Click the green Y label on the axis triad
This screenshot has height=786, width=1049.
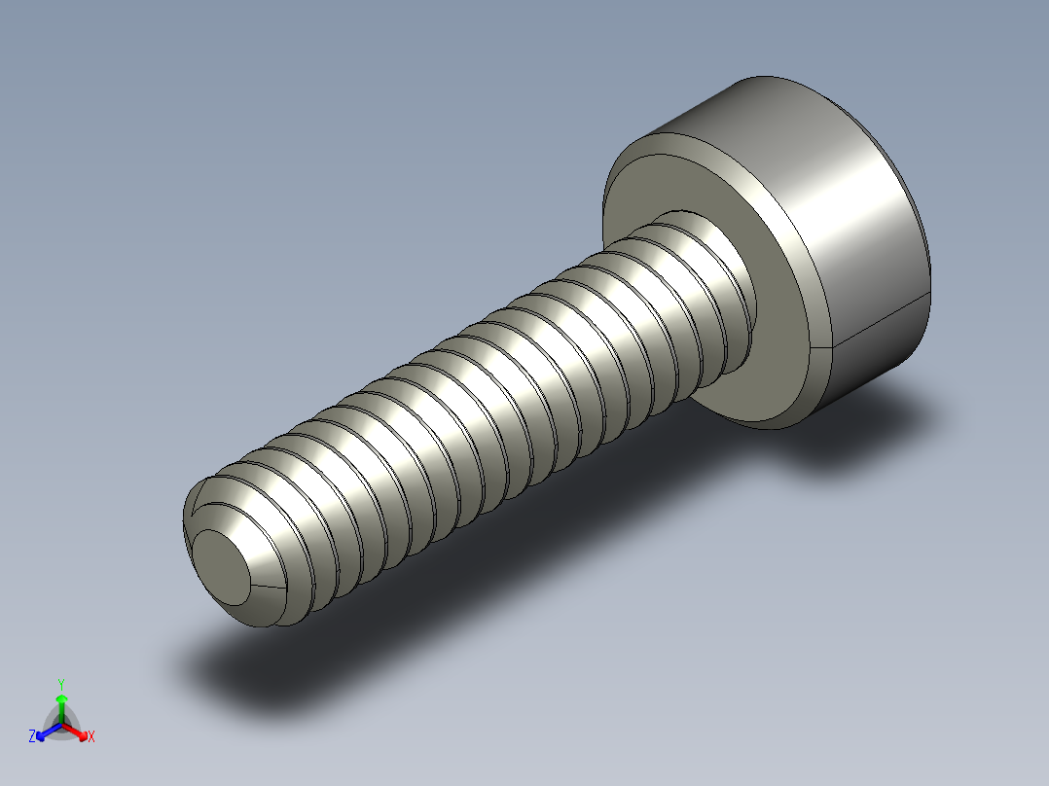click(61, 683)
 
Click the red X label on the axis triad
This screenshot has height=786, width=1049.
click(91, 737)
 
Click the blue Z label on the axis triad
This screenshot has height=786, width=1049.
click(32, 737)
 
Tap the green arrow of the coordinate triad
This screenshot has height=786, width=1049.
click(61, 702)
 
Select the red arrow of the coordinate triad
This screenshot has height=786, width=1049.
click(78, 732)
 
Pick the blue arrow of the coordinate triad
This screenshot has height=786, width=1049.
click(45, 732)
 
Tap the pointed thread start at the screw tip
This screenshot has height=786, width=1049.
click(199, 505)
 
